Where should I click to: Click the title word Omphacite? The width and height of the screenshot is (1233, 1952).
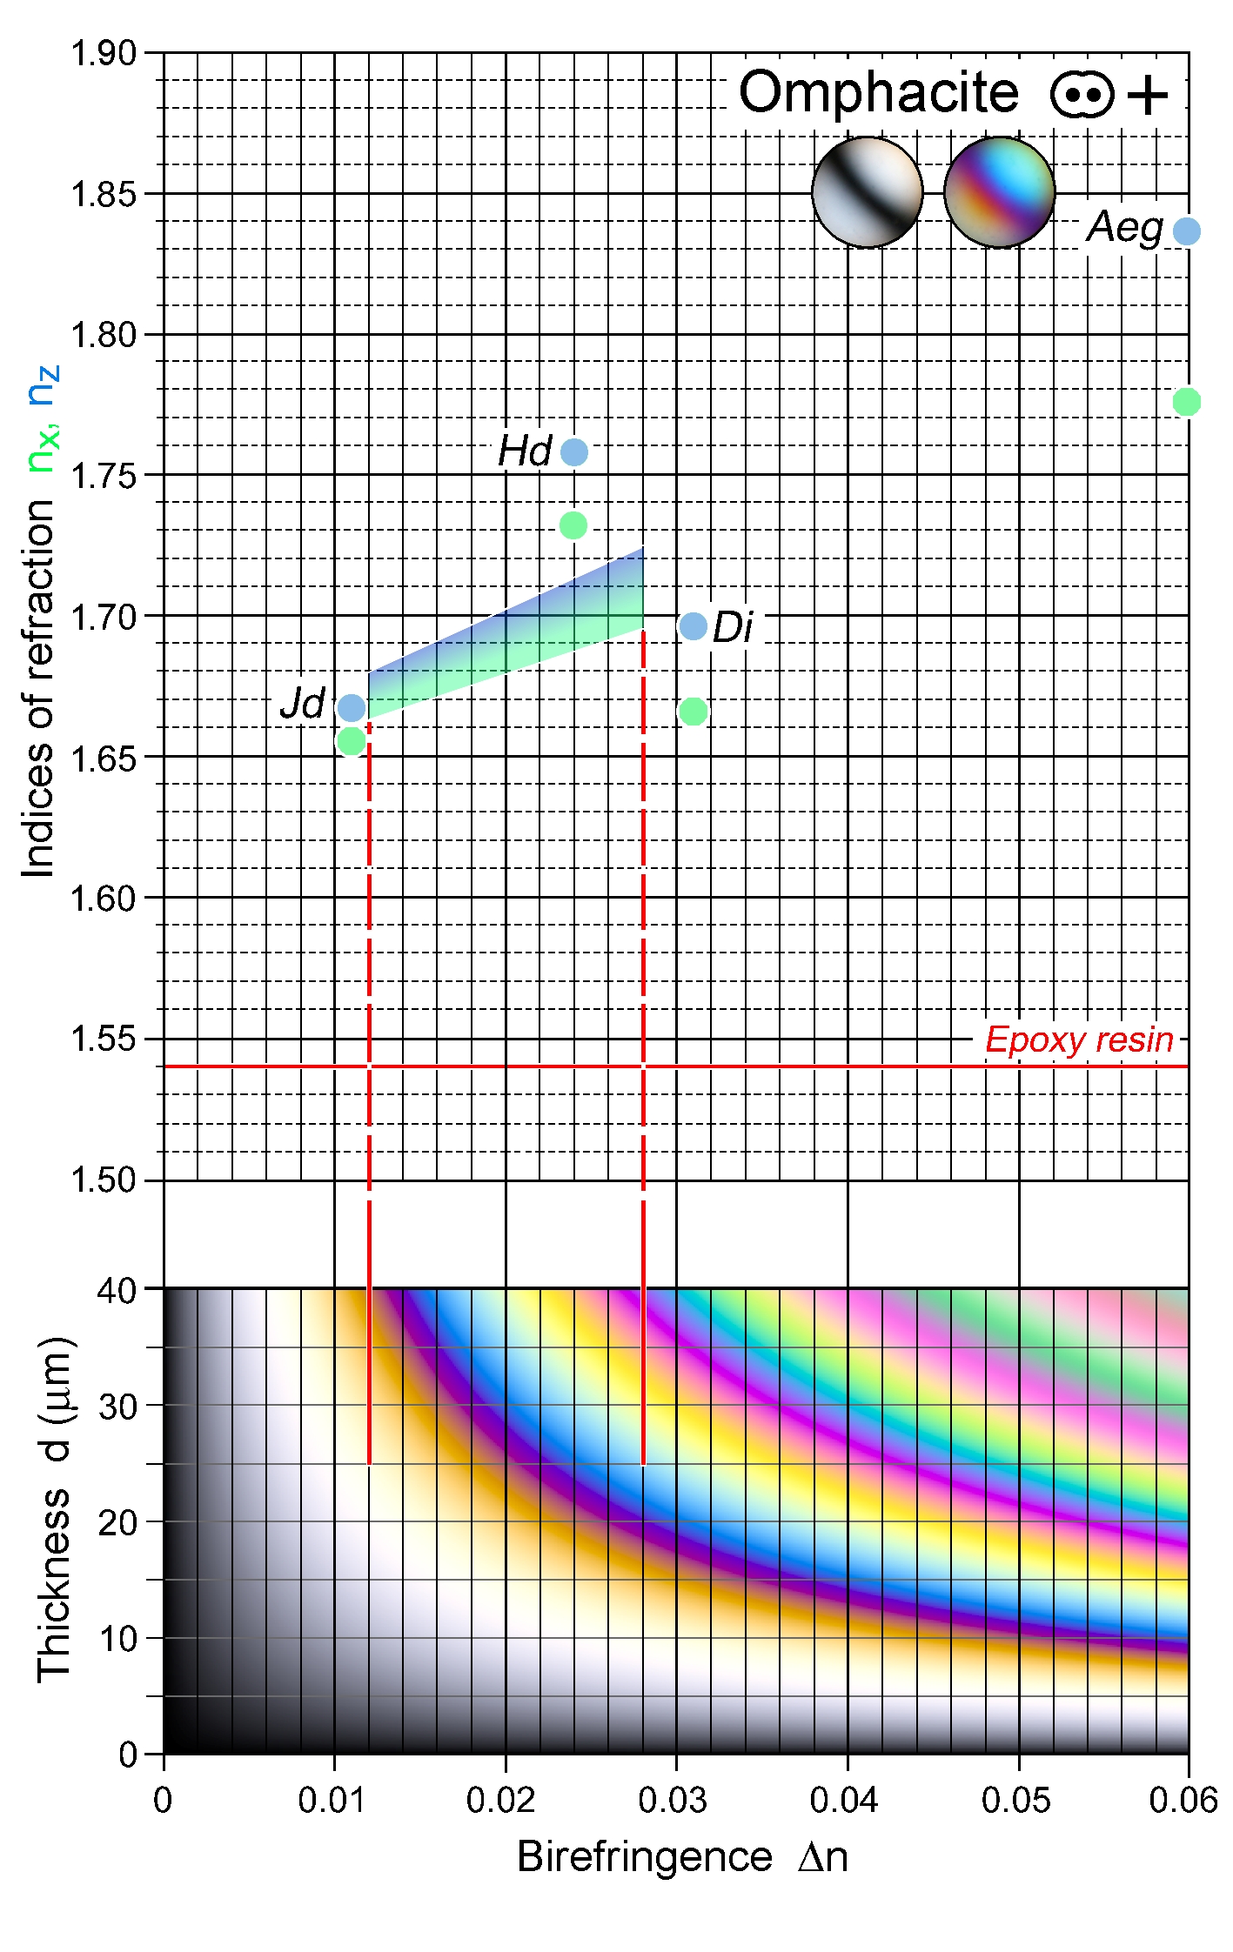[878, 92]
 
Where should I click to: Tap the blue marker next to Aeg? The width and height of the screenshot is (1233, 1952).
[1186, 231]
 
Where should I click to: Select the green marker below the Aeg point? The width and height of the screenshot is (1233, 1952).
[1186, 402]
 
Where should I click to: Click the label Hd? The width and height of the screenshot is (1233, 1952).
[525, 451]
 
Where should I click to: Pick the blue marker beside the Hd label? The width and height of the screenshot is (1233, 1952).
[574, 452]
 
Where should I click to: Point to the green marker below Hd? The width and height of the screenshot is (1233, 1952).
[573, 525]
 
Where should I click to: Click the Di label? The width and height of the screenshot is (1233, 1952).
[732, 627]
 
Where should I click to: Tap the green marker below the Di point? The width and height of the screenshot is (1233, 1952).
[693, 712]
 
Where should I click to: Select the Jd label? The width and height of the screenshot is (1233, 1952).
[303, 703]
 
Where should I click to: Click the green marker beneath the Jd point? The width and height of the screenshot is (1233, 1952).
[351, 742]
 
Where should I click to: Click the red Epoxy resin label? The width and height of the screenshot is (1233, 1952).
[1079, 1040]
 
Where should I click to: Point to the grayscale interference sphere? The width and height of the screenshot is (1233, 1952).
[867, 192]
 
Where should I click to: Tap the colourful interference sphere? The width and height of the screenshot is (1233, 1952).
[999, 192]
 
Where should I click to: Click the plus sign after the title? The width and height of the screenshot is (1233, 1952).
[1148, 94]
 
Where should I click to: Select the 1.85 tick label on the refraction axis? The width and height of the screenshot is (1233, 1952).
[104, 194]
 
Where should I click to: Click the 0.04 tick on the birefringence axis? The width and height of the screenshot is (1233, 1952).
[844, 1800]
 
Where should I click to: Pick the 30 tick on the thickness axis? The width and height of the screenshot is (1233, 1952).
[117, 1407]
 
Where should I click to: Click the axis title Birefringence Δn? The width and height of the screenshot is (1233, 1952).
[682, 1857]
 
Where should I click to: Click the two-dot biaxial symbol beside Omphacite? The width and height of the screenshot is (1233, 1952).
[1082, 94]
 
